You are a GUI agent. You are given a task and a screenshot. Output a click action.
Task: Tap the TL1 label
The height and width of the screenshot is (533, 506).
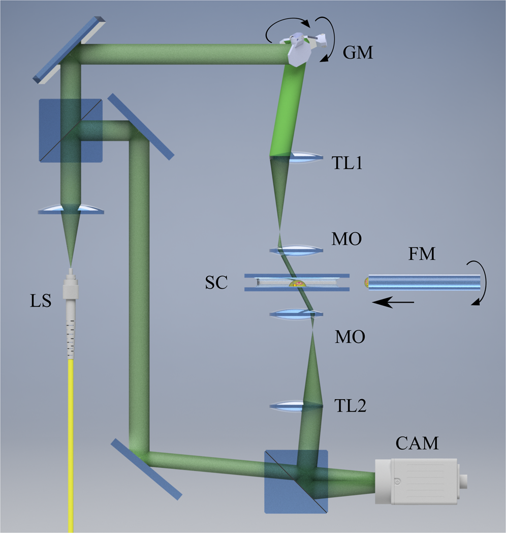coord(348,164)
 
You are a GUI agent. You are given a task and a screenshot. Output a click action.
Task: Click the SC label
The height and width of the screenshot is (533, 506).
coord(216,283)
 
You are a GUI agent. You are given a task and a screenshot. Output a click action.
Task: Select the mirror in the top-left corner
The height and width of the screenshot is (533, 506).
coord(70,48)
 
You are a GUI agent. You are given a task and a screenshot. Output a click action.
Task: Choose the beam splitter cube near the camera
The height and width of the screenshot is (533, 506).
coord(296,481)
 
